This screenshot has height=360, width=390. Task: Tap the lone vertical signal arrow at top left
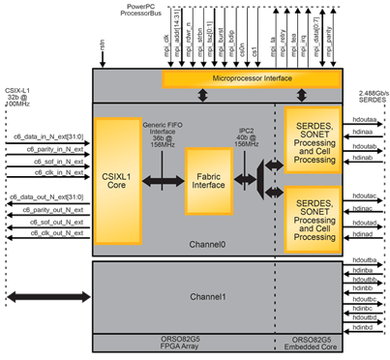click(103, 45)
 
